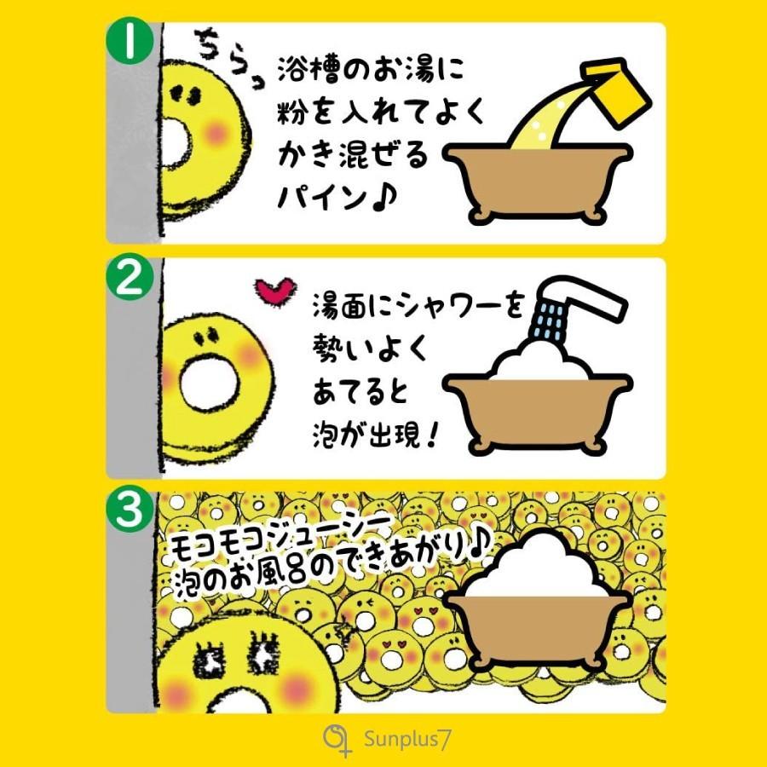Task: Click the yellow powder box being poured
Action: pos(616,88)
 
